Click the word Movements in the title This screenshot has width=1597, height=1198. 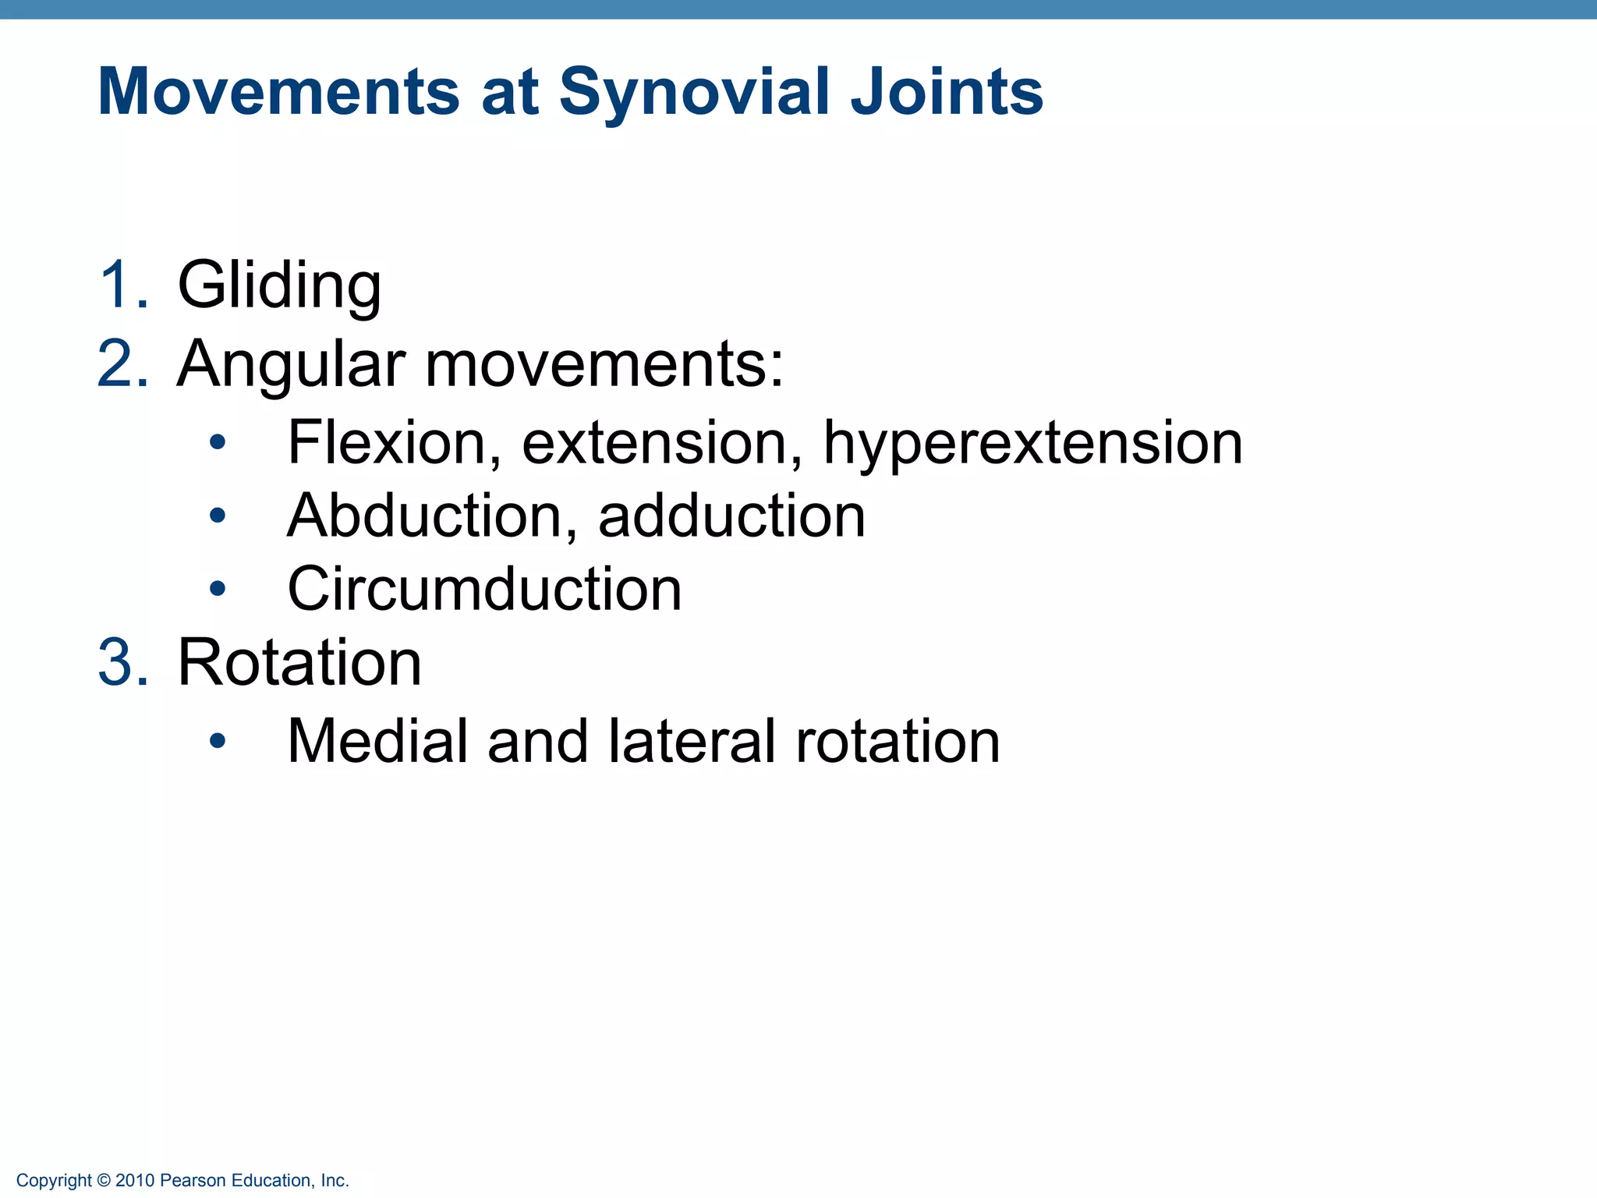[x=278, y=92]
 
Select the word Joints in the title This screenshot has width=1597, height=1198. [x=946, y=92]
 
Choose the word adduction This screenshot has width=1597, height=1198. [x=731, y=516]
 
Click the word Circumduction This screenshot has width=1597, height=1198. [x=484, y=589]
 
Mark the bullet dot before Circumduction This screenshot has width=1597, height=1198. [x=218, y=589]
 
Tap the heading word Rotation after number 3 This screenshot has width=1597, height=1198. [x=299, y=663]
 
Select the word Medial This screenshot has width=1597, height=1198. [x=377, y=740]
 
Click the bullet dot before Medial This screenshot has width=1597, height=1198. [x=218, y=740]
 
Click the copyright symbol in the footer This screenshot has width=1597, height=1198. [x=104, y=1181]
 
